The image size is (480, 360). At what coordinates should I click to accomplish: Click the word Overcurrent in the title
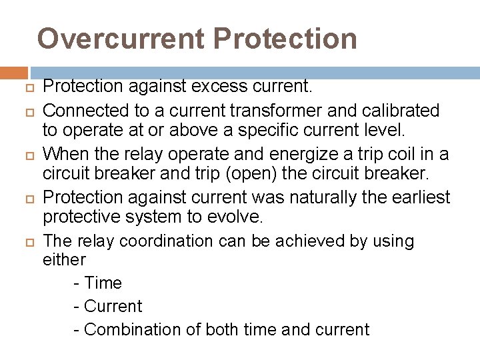coord(121,39)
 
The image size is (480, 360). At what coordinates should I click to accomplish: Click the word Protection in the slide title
coord(285,39)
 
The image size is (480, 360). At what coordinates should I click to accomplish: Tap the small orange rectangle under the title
coord(14,73)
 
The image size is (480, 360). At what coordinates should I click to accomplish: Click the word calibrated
coord(402,110)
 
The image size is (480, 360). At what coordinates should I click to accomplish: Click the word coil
coord(400,155)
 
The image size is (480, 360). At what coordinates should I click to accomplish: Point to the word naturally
coord(335,198)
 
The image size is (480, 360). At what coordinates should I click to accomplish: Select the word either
coord(64,260)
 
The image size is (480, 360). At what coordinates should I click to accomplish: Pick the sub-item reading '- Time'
coord(97,283)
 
